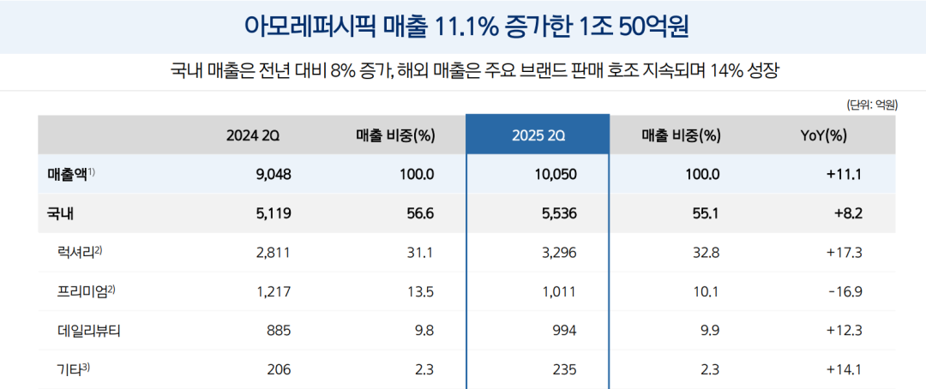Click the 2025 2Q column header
[x=538, y=135]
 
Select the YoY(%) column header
[x=823, y=135]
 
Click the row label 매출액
[x=69, y=174]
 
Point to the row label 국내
[x=60, y=213]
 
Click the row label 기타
[x=70, y=369]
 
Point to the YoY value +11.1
[x=844, y=174]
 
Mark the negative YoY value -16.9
[x=844, y=290]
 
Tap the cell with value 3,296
[x=560, y=252]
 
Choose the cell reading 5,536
[x=560, y=213]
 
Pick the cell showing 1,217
[x=274, y=290]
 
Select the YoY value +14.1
[x=844, y=369]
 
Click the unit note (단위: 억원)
[x=871, y=105]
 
